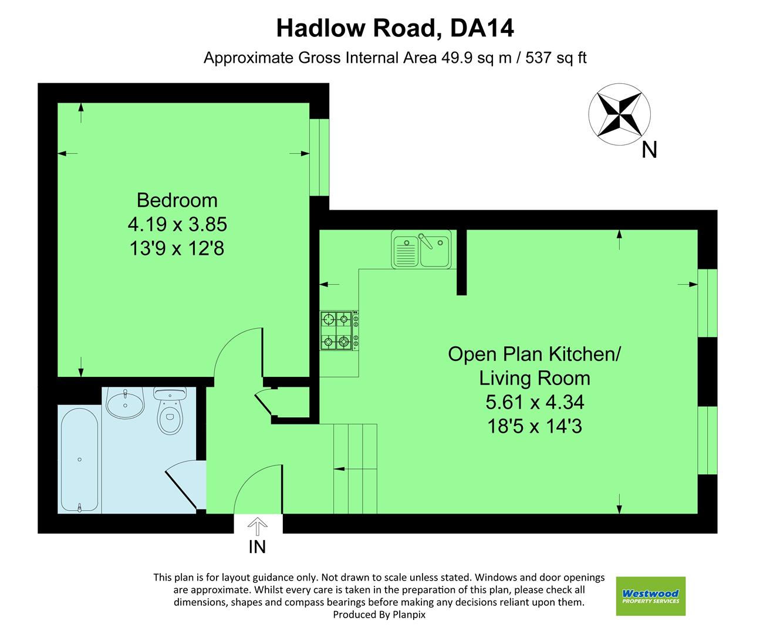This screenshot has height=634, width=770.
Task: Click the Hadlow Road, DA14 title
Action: [x=394, y=28]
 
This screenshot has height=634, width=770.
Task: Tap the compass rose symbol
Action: [x=619, y=115]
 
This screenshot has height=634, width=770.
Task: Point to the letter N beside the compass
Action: [x=649, y=150]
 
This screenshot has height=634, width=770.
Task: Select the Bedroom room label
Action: [x=177, y=200]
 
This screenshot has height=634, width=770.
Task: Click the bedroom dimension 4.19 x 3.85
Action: [x=177, y=224]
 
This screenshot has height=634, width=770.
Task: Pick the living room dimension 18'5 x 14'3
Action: [x=534, y=426]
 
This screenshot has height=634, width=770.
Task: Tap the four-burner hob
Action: [x=339, y=331]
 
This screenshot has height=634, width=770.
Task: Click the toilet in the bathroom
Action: [x=170, y=411]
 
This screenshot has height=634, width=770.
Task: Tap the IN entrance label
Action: [x=257, y=547]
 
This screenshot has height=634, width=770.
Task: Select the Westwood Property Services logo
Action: [x=650, y=596]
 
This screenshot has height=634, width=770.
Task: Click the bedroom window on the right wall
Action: [x=319, y=157]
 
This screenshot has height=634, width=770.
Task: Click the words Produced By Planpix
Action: [x=379, y=615]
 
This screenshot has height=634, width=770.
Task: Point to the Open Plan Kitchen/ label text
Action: [x=534, y=354]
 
